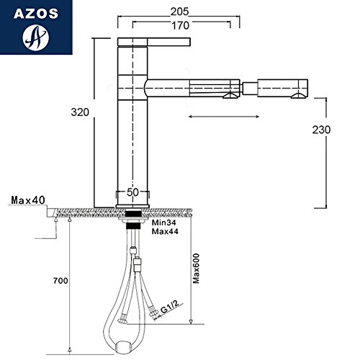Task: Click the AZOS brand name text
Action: [36, 14]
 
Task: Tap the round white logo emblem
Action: [36, 37]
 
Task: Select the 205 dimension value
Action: [179, 12]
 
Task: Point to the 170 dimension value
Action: [181, 25]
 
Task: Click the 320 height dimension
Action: [80, 112]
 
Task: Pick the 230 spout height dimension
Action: [321, 130]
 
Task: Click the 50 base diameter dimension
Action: [132, 192]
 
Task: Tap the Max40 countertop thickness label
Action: [28, 200]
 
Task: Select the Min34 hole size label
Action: [164, 222]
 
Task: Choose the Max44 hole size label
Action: [165, 232]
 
